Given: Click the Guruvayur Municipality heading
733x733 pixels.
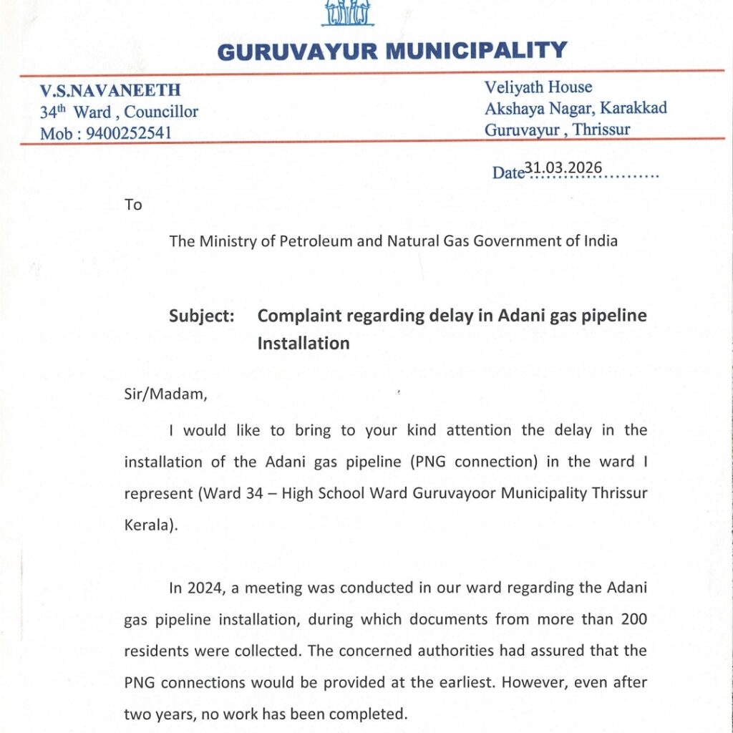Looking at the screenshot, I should tap(392, 51).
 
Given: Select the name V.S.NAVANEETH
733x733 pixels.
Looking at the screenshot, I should tap(110, 91).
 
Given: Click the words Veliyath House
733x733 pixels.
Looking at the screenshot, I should tap(538, 87).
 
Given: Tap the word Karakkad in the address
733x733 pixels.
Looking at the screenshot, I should tap(634, 108).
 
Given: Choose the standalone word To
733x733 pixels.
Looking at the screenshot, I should tap(134, 205).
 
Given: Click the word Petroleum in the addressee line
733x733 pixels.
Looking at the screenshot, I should tap(309, 241).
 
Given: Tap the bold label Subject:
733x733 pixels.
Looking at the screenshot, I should tap(202, 316).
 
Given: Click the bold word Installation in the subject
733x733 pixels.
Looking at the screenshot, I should tap(304, 343).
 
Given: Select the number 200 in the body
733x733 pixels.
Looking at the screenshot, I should tap(633, 620).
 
